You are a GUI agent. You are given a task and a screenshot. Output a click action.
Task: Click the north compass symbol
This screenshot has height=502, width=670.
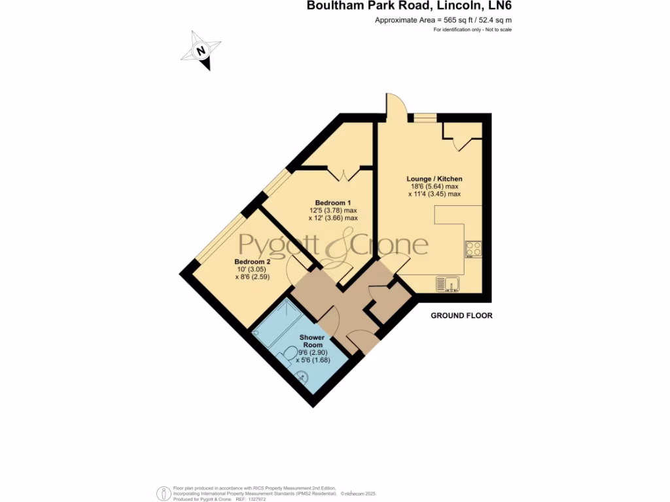coord(202,51)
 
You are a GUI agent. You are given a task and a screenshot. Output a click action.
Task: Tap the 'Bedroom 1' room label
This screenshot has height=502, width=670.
coord(333,202)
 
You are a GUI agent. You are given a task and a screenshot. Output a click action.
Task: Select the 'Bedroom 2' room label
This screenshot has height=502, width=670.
coord(253,261)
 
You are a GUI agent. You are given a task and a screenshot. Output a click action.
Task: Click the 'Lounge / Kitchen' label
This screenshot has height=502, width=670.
coord(434,178)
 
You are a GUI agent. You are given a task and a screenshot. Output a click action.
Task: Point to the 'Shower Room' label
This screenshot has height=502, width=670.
coord(313,341)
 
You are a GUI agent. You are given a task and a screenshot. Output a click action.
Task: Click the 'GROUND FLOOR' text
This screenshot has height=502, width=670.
coord(461,316)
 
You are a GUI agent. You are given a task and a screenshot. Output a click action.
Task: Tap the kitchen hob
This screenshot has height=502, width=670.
coord(473,249)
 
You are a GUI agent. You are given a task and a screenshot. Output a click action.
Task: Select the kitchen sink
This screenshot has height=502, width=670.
coord(448,283)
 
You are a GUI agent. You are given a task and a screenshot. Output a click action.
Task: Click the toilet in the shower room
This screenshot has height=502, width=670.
coord(287,356)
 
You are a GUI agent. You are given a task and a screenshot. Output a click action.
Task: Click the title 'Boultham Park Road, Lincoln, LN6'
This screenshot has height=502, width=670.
coord(410,7)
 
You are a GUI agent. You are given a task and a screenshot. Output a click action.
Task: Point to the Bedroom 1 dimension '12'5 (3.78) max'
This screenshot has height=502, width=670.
coord(333,210)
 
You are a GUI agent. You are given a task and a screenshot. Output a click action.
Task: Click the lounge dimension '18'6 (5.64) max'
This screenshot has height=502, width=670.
coord(434,186)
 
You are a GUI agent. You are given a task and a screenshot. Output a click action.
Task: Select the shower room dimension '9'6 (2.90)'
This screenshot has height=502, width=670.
coord(312,352)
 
